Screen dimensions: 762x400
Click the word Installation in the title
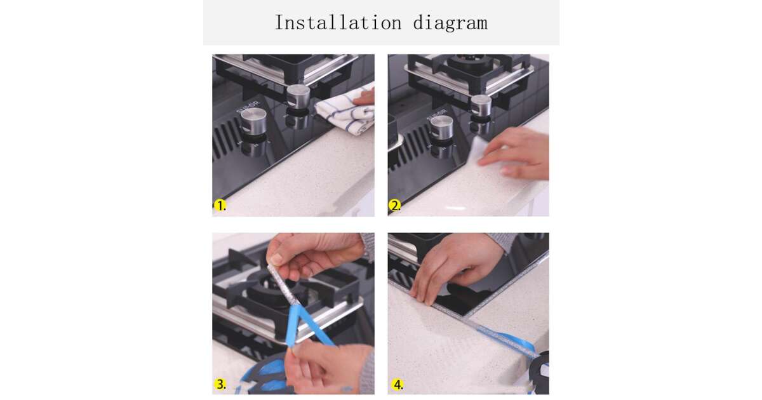point(338,23)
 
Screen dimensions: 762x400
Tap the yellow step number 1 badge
point(220,206)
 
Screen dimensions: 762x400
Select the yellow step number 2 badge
point(394,206)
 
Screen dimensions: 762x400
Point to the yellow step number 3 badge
point(220,384)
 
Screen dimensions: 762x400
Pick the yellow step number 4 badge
point(397,385)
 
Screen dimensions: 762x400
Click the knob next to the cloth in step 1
point(298,97)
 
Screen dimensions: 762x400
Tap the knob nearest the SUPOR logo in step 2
point(441,128)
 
